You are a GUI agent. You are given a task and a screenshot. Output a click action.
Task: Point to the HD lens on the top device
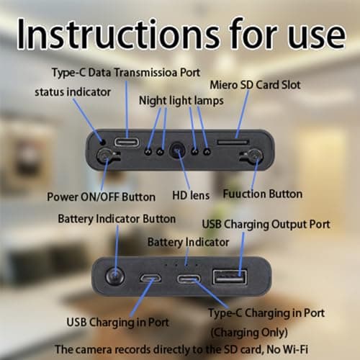tap(177, 151)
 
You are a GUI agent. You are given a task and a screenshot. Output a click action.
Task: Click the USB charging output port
tap(230, 276)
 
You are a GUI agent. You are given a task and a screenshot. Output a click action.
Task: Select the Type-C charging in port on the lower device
tap(189, 278)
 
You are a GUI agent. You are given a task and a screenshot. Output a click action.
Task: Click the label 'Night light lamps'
tap(172, 102)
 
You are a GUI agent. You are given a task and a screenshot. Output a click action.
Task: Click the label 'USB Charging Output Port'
tap(266, 225)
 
